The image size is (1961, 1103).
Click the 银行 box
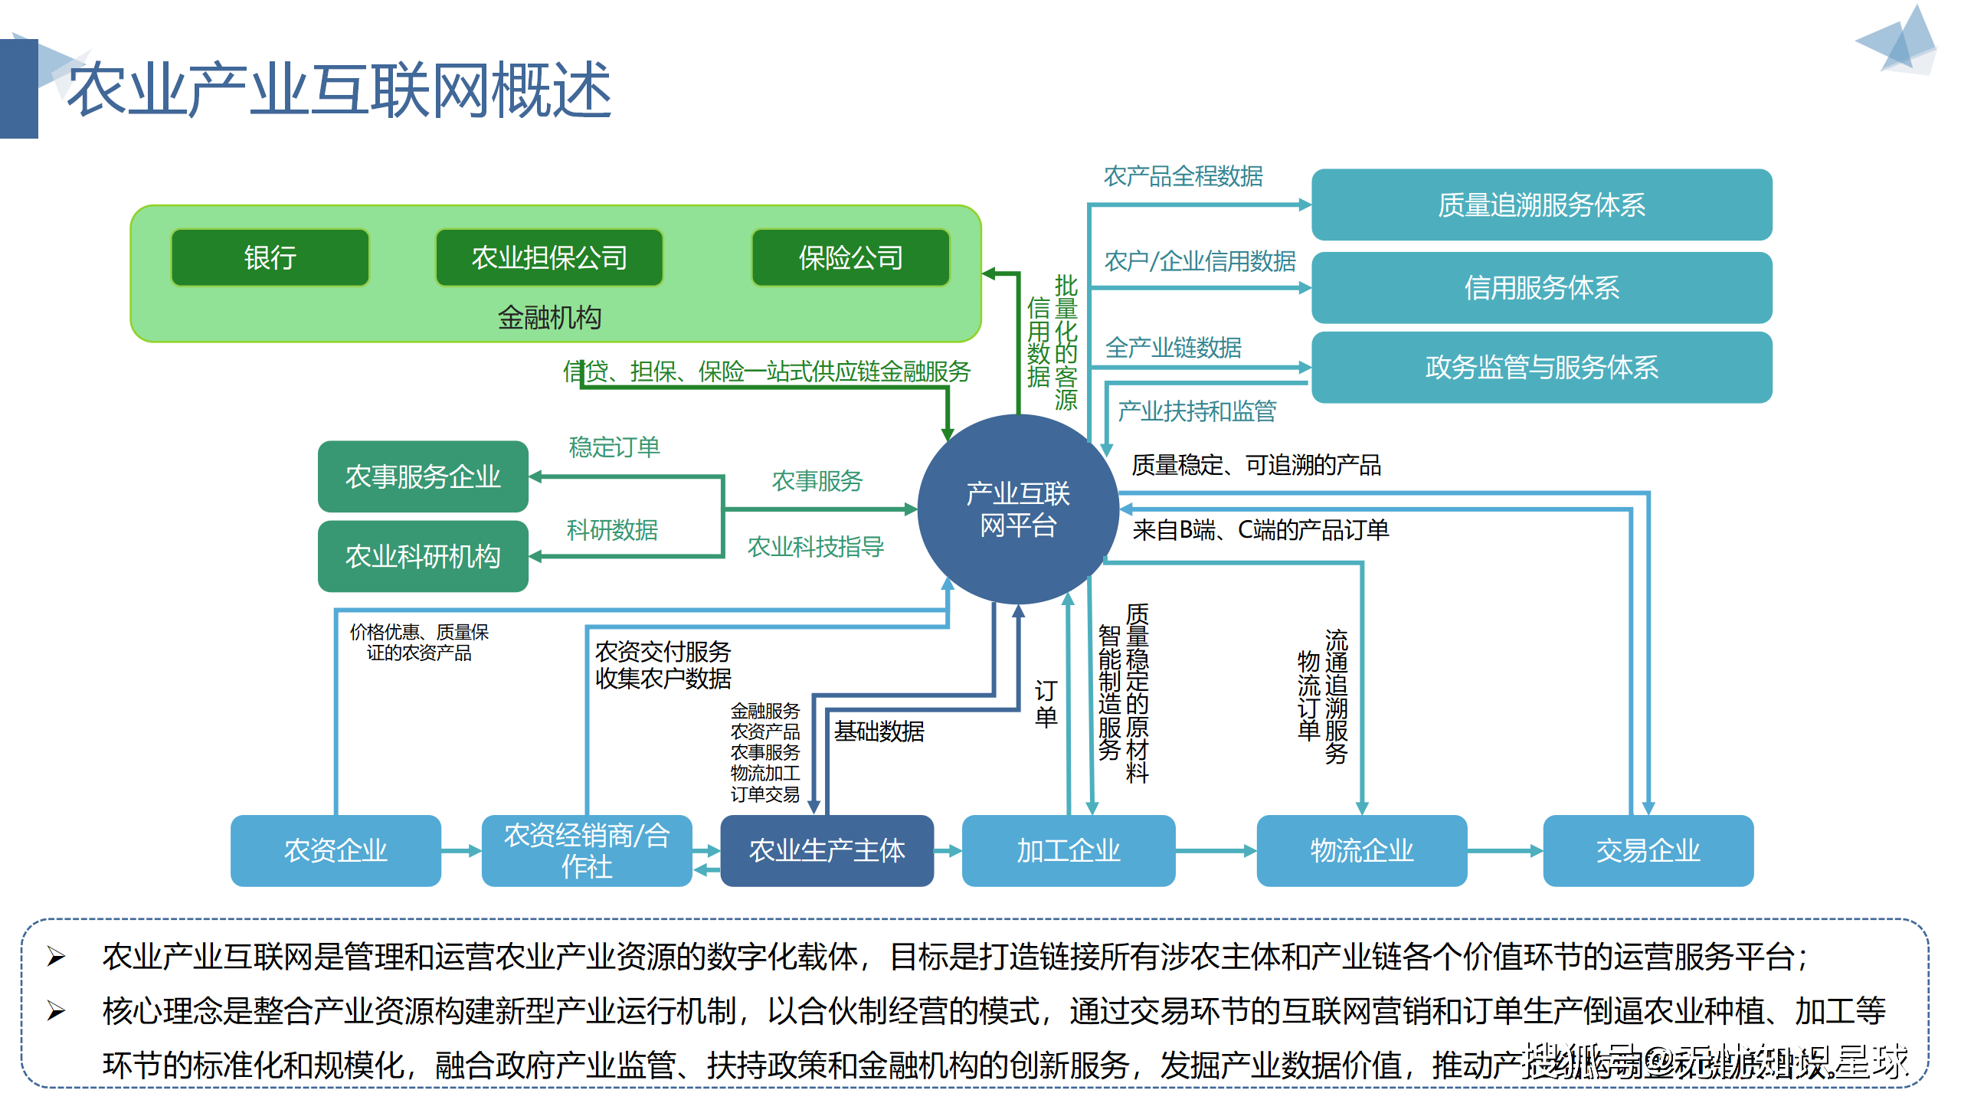pyautogui.click(x=270, y=257)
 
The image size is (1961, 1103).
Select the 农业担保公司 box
pyautogui.click(x=548, y=257)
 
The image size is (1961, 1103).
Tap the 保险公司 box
pyautogui.click(x=850, y=257)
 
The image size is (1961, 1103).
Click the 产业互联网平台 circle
pyautogui.click(x=1017, y=509)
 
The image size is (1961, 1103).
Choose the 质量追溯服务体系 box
pyautogui.click(x=1541, y=205)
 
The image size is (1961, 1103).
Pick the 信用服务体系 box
pyautogui.click(x=1541, y=287)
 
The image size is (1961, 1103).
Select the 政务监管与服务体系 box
pyautogui.click(x=1541, y=368)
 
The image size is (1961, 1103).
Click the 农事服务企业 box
pyautogui.click(x=423, y=476)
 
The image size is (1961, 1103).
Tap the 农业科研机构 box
pyautogui.click(x=423, y=556)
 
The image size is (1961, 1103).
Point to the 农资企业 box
pyautogui.click(x=336, y=850)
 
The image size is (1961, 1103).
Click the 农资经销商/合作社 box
pyautogui.click(x=587, y=850)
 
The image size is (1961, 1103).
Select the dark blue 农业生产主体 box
pyautogui.click(x=827, y=850)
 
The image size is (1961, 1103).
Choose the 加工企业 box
pyautogui.click(x=1068, y=850)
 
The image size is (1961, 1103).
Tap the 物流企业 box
pyautogui.click(x=1361, y=850)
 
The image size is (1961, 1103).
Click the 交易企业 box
pyautogui.click(x=1648, y=850)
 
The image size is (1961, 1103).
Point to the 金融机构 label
pyautogui.click(x=549, y=317)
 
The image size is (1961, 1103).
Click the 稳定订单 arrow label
pyautogui.click(x=614, y=447)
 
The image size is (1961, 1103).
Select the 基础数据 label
pyautogui.click(x=879, y=732)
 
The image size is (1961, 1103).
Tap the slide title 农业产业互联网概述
pyautogui.click(x=339, y=90)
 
